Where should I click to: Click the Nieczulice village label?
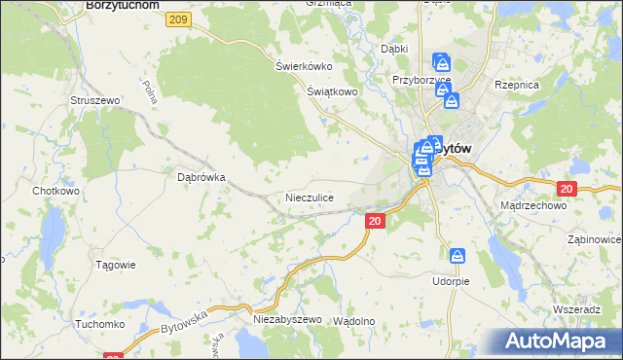[310, 198]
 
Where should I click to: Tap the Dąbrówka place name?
[202, 178]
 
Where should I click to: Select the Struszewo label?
[94, 100]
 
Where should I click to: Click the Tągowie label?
[116, 265]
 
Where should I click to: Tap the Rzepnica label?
[517, 86]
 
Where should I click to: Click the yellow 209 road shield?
[177, 19]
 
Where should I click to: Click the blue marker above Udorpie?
[458, 256]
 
